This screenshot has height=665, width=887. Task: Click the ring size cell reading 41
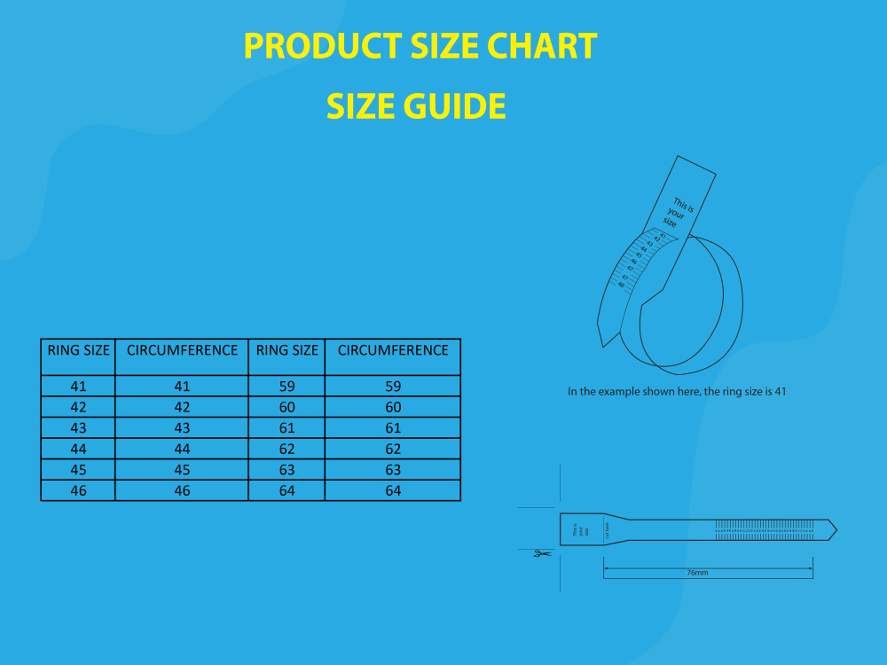click(78, 387)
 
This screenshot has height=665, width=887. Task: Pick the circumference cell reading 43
click(182, 428)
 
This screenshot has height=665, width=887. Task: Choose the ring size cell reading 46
click(78, 490)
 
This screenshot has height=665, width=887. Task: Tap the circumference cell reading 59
click(393, 387)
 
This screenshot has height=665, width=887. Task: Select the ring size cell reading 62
click(287, 449)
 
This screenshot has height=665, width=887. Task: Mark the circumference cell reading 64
click(393, 490)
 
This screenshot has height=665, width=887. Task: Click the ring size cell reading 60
click(287, 407)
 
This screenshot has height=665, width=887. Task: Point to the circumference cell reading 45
click(182, 470)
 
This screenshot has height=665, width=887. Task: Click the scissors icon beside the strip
click(541, 554)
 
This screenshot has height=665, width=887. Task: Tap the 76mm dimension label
click(697, 573)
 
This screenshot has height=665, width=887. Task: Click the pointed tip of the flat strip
click(835, 530)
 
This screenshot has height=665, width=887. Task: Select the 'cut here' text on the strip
click(608, 530)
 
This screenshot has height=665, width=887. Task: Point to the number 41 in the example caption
click(781, 391)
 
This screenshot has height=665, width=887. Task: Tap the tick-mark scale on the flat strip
click(765, 530)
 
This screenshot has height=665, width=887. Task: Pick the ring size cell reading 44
click(78, 449)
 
